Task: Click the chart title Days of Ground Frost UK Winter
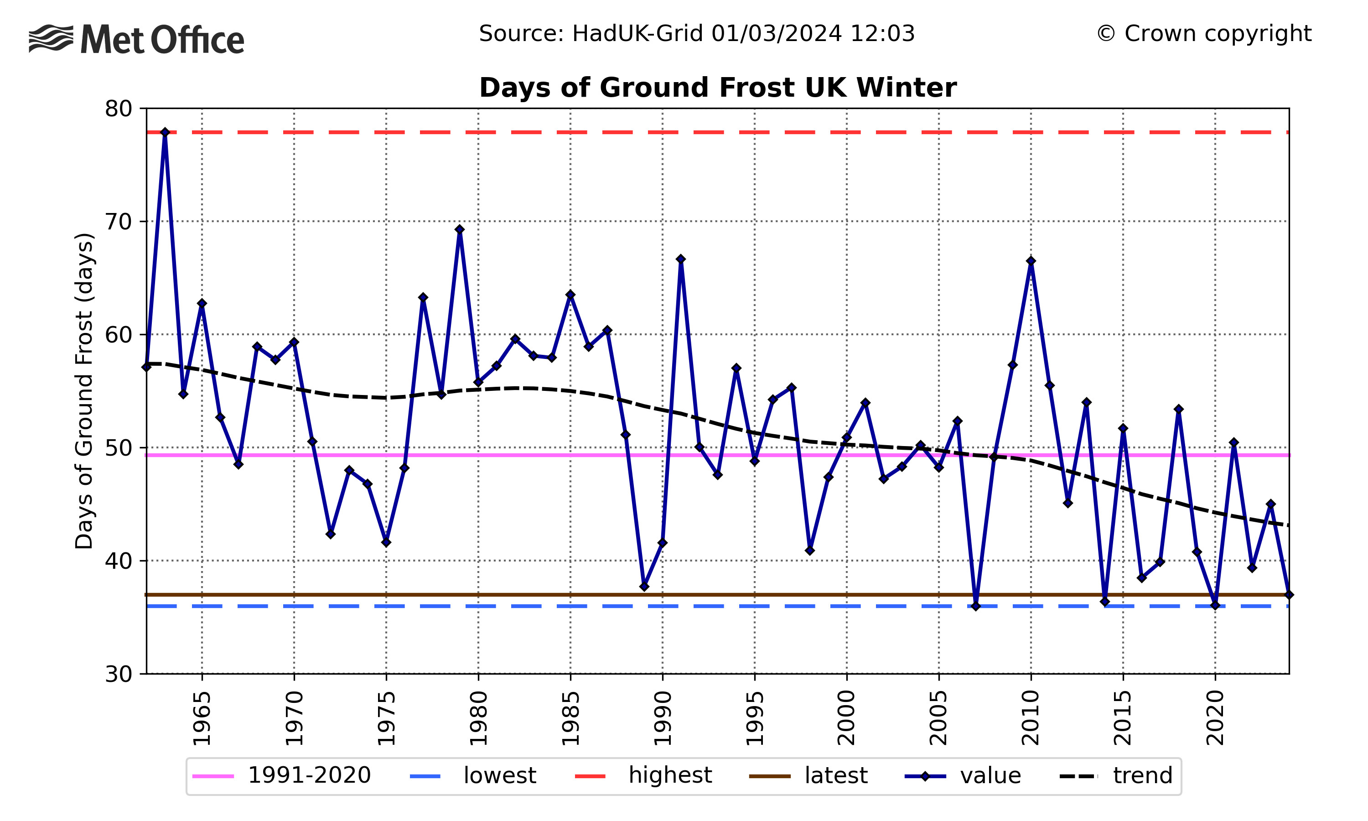tap(717, 88)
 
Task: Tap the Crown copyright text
tap(1203, 34)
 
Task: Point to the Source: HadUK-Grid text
tap(696, 34)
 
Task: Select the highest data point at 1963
tap(165, 132)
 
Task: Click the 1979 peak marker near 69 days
tap(460, 229)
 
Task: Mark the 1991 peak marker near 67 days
tap(681, 259)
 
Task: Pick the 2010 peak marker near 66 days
tap(1031, 261)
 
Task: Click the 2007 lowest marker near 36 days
tap(975, 606)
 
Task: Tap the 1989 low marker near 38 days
tap(644, 587)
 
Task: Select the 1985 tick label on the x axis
tap(570, 718)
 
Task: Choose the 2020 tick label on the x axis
tap(1215, 718)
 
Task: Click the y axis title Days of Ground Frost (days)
tap(84, 390)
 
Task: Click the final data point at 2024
tap(1289, 595)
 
